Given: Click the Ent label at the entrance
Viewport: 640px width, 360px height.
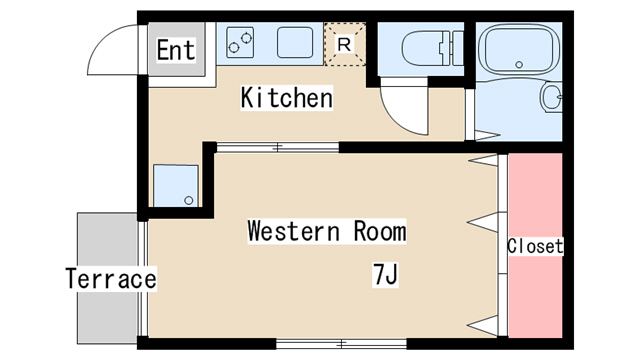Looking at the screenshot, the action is click(x=176, y=50).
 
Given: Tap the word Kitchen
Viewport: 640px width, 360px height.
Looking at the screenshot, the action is click(x=287, y=98).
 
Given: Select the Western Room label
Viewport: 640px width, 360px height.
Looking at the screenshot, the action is click(x=327, y=231).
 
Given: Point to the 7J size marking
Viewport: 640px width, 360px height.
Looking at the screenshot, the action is click(x=385, y=274).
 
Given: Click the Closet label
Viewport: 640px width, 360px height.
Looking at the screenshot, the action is click(x=535, y=246).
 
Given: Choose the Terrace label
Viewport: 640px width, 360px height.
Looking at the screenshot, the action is click(x=111, y=279).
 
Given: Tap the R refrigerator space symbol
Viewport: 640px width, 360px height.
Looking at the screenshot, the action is click(x=344, y=44).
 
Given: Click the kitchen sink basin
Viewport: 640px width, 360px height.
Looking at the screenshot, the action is click(x=295, y=42).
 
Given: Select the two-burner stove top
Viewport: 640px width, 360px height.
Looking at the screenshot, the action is click(x=240, y=42).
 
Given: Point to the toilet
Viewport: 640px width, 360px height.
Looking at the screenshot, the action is click(x=433, y=48).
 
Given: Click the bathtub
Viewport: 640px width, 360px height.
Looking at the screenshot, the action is click(x=518, y=50).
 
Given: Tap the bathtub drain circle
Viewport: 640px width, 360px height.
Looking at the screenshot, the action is click(x=519, y=64).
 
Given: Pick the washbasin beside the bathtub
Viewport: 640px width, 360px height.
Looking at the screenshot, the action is click(x=551, y=97).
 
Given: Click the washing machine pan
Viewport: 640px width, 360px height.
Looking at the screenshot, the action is click(x=176, y=186).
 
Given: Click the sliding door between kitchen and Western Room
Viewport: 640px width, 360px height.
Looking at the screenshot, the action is click(x=278, y=147).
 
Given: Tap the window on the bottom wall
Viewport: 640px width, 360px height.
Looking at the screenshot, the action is click(x=341, y=344).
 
